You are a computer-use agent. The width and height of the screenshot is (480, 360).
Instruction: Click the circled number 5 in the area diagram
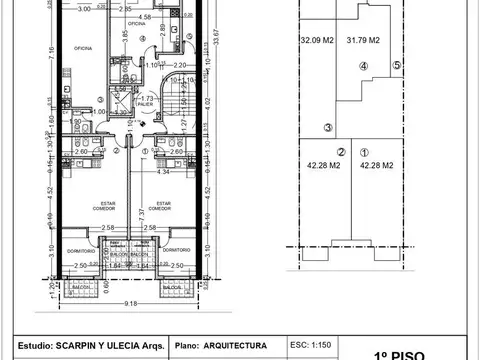[x=396, y=66]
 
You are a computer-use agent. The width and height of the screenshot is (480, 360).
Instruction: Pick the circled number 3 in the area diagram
[x=327, y=128]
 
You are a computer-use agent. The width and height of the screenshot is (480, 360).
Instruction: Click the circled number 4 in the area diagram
[x=363, y=67]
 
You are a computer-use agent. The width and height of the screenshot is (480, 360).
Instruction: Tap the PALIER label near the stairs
[x=146, y=104]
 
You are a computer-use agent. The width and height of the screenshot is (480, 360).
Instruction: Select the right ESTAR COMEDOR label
[x=176, y=206]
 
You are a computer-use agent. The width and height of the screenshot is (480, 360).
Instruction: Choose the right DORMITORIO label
[x=177, y=249]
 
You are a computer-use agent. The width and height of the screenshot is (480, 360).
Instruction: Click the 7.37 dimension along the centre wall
[x=141, y=214]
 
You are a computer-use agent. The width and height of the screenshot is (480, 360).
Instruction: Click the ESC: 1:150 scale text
[x=310, y=344]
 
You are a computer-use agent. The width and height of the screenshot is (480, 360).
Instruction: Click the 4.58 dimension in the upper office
[x=145, y=17]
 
